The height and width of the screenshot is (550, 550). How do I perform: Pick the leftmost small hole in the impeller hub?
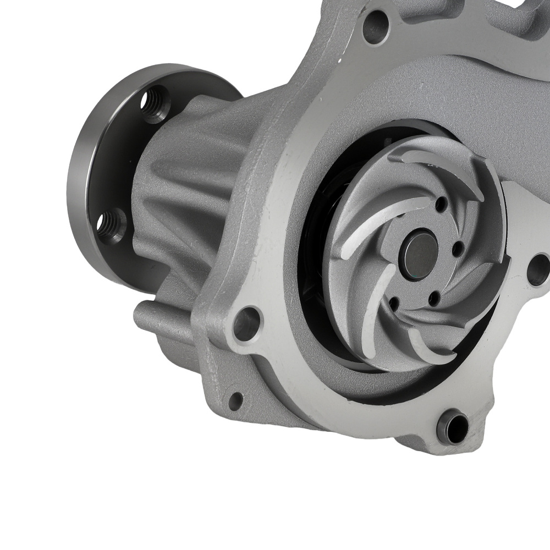tap(394, 302)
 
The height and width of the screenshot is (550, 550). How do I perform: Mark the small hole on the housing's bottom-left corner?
tap(235, 400)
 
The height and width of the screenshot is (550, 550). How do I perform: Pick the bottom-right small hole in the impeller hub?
tap(435, 300)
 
